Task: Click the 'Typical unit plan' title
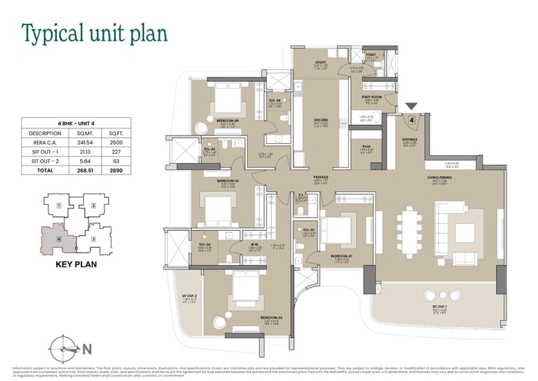point(95,33)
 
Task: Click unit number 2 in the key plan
point(94,206)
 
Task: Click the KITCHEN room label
point(322,120)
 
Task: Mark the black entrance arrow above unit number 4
point(411,107)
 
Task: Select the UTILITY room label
point(322,62)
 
